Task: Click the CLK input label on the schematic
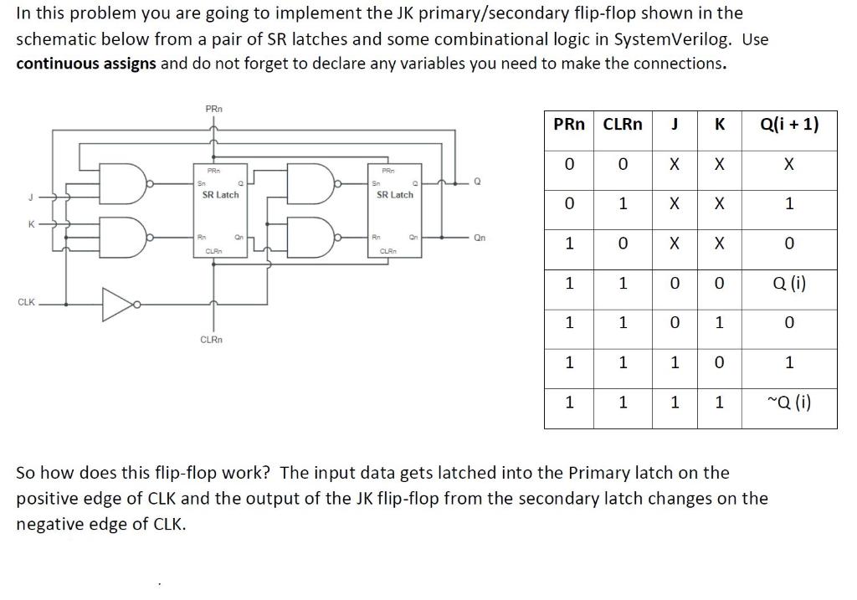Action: pyautogui.click(x=25, y=303)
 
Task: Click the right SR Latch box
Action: pyautogui.click(x=395, y=209)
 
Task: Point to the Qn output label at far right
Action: pyautogui.click(x=479, y=237)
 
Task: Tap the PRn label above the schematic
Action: pyautogui.click(x=214, y=109)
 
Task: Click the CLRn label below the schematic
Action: pyautogui.click(x=211, y=340)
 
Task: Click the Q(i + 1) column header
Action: pyautogui.click(x=788, y=125)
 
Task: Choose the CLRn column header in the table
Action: pyautogui.click(x=623, y=125)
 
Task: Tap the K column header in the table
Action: pyautogui.click(x=718, y=125)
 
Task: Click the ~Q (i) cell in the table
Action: pyautogui.click(x=788, y=403)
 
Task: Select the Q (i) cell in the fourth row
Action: pyautogui.click(x=788, y=284)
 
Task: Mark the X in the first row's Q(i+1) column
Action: pyautogui.click(x=788, y=165)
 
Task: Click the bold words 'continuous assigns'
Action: pyautogui.click(x=86, y=64)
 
